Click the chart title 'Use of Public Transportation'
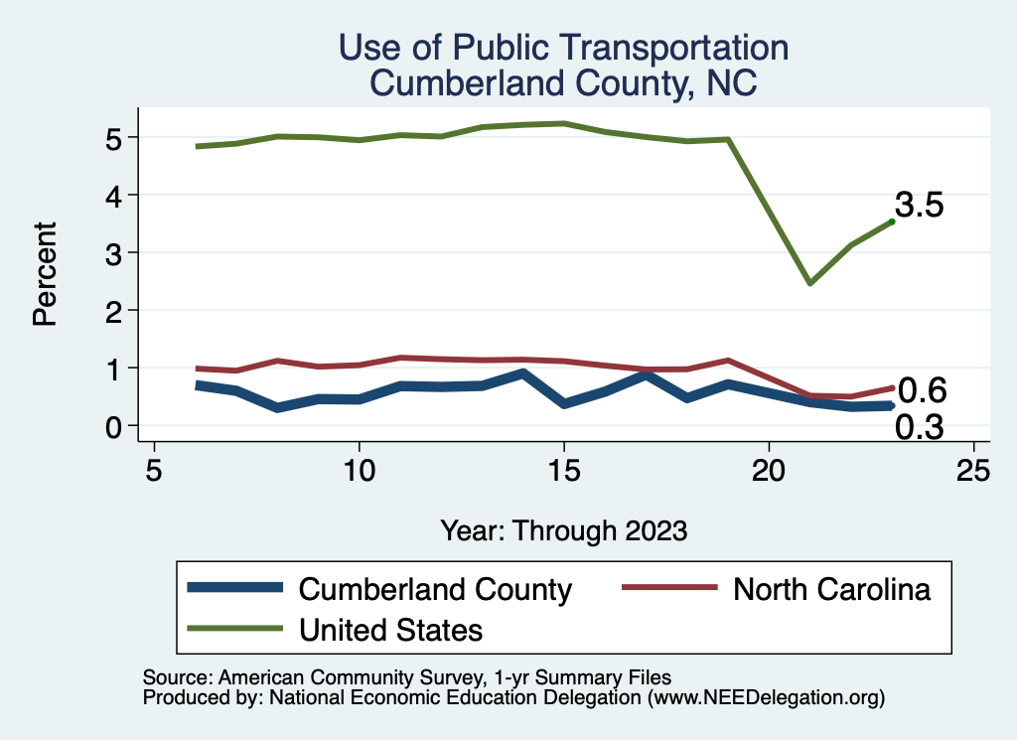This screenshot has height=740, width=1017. click(563, 47)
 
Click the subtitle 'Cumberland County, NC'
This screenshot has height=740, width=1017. click(563, 83)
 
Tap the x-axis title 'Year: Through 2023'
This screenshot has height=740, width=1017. click(564, 530)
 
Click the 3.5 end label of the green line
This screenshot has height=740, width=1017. click(919, 206)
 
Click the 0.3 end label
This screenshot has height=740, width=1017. click(920, 427)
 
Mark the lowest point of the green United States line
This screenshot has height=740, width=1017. click(810, 283)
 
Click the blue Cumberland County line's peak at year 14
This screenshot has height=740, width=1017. click(523, 373)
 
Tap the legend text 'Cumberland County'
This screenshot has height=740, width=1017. click(435, 590)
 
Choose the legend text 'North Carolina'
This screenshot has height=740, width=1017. click(832, 590)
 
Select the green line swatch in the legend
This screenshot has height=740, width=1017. click(234, 629)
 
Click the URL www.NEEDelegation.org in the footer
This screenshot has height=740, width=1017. click(766, 698)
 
